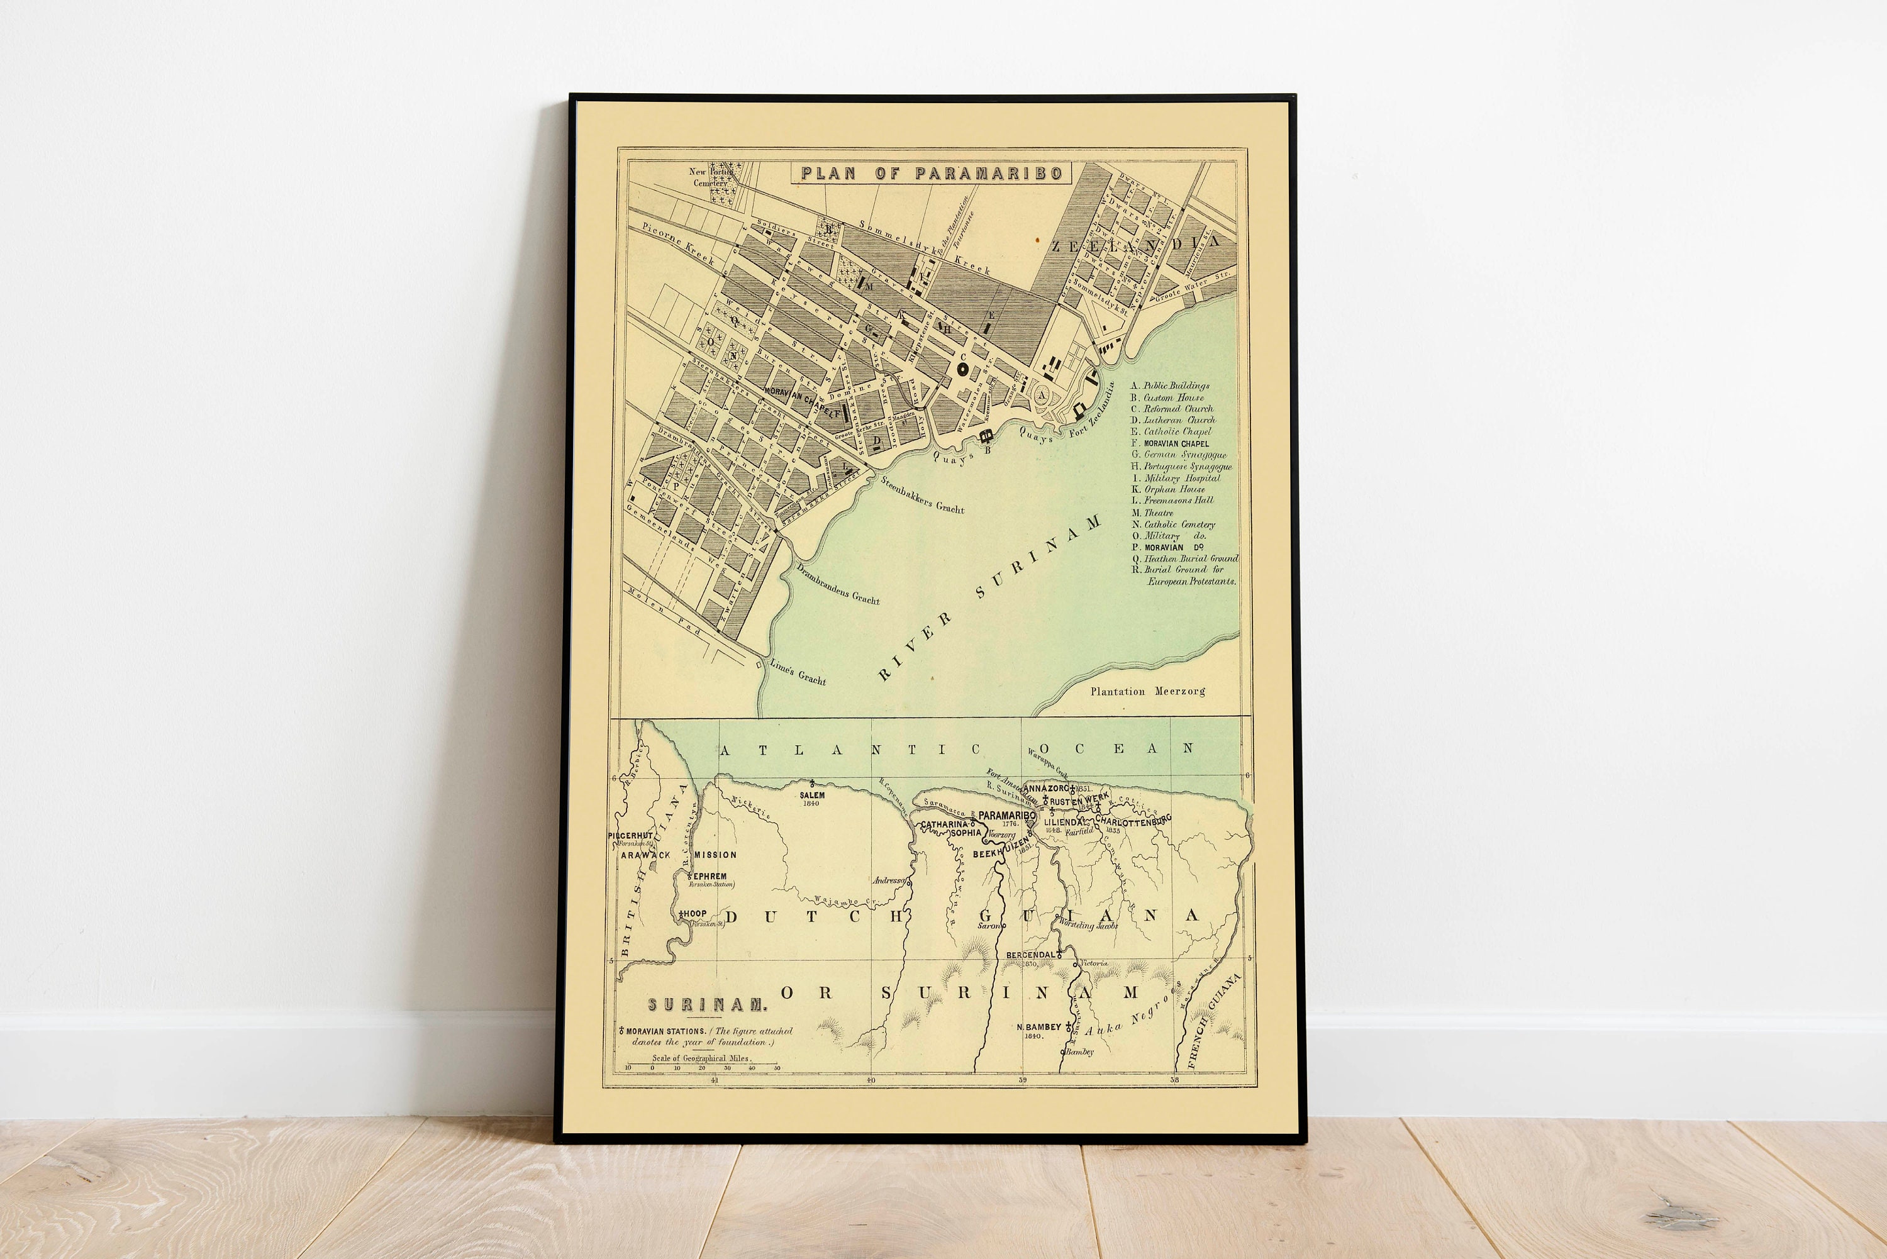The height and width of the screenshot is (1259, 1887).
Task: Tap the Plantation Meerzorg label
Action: coord(1147,691)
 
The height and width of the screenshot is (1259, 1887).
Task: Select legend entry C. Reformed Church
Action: coord(1172,409)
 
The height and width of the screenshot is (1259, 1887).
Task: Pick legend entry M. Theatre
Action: coord(1153,513)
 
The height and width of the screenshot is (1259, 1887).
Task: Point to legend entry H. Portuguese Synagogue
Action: coord(1181,467)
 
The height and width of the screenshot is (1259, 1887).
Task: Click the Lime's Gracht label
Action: coord(798,672)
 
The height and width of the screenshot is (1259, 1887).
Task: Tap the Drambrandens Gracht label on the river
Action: coord(837,584)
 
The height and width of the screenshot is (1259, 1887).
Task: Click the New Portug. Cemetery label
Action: coord(711,177)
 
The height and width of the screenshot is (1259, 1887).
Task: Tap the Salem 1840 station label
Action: coord(812,798)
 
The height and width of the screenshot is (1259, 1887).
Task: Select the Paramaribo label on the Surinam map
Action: coord(1007,816)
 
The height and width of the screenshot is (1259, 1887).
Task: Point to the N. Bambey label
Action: coord(1038,1027)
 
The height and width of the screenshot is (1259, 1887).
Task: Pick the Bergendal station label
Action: coord(1030,955)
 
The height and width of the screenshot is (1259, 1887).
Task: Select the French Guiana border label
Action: coord(1213,1021)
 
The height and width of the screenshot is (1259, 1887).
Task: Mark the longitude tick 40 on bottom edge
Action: coord(871,1080)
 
